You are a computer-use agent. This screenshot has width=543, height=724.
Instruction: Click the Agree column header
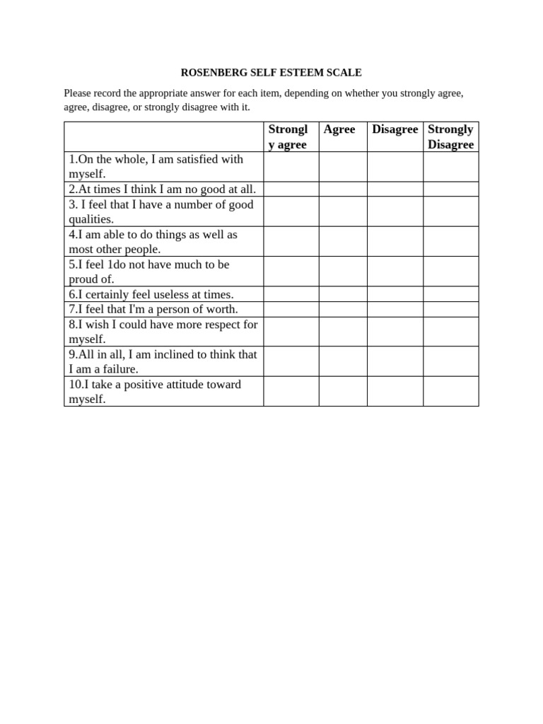339,129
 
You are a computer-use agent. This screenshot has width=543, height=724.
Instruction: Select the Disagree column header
395,129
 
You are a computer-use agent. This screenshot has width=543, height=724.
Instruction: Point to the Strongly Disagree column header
450,136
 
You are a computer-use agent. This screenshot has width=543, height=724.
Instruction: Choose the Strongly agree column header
288,136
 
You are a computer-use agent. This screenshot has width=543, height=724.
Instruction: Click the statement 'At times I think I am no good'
163,189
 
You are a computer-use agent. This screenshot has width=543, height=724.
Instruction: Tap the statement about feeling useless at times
151,294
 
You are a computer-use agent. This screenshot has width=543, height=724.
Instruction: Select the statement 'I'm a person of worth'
153,309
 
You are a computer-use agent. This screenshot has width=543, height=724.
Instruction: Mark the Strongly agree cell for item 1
291,167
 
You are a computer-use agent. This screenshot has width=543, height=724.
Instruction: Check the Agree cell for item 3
343,211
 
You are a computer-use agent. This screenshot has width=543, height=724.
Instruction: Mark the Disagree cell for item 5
395,271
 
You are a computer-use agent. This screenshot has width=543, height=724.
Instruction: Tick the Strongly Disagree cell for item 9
451,361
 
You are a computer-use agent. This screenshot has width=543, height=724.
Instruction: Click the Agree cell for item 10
343,391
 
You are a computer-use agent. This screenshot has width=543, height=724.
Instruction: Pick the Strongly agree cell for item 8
291,332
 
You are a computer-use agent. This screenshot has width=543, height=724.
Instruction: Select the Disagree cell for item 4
395,241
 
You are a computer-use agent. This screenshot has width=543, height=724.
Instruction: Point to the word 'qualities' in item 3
90,219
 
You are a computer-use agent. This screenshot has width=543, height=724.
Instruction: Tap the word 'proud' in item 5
83,279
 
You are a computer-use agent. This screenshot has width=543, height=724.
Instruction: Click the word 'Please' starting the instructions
78,93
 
